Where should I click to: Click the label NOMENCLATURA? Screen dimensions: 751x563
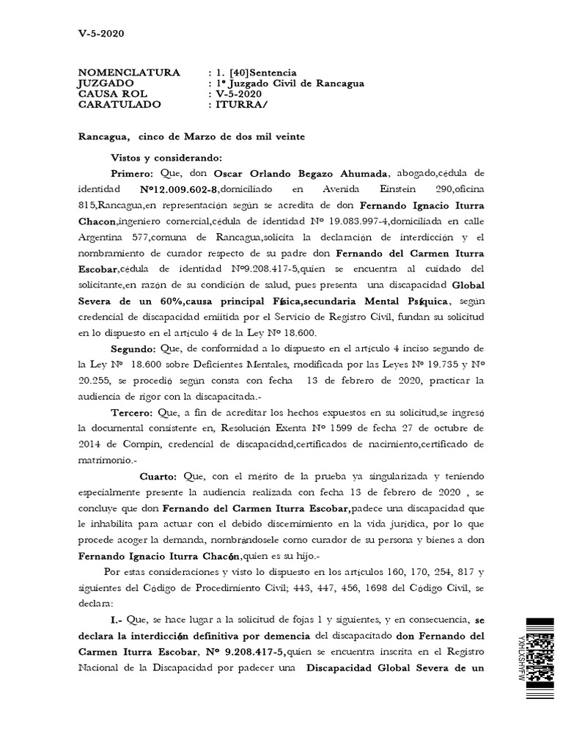tap(128, 73)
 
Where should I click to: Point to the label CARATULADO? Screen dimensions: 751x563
tap(119, 105)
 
